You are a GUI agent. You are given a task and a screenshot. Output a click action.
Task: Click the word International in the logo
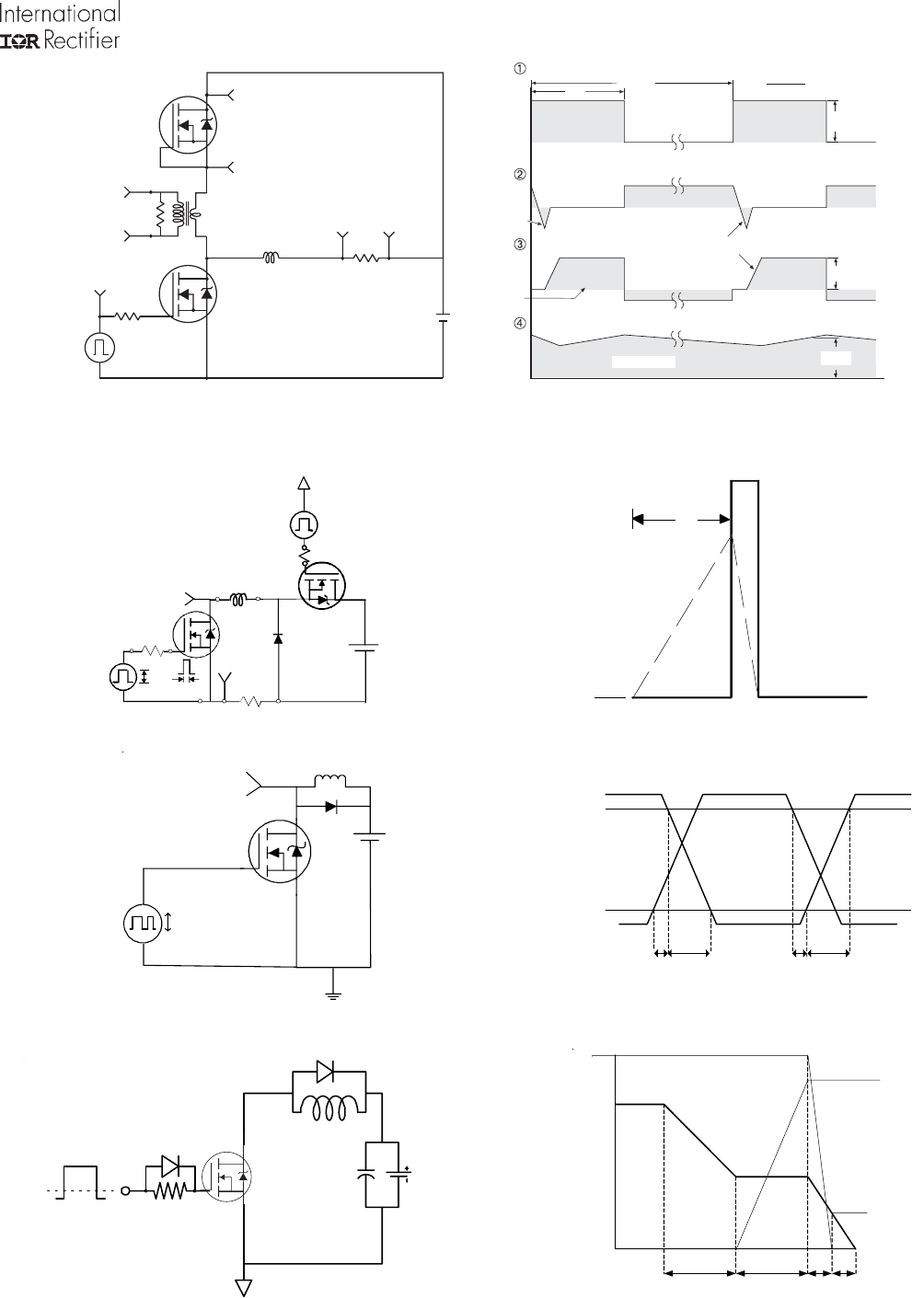(x=60, y=13)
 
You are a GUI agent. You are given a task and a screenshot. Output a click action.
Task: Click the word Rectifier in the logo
(x=82, y=40)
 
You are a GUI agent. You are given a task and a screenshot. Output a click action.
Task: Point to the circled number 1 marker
(x=520, y=68)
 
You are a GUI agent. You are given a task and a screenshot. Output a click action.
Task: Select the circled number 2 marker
(x=520, y=175)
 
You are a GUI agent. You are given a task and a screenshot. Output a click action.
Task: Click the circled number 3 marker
(x=520, y=245)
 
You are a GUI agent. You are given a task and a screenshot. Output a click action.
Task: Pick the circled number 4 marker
(x=520, y=323)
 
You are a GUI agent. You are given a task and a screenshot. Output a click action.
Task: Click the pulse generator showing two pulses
(x=143, y=923)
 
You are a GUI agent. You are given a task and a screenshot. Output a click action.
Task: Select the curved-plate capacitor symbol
(x=366, y=1174)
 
